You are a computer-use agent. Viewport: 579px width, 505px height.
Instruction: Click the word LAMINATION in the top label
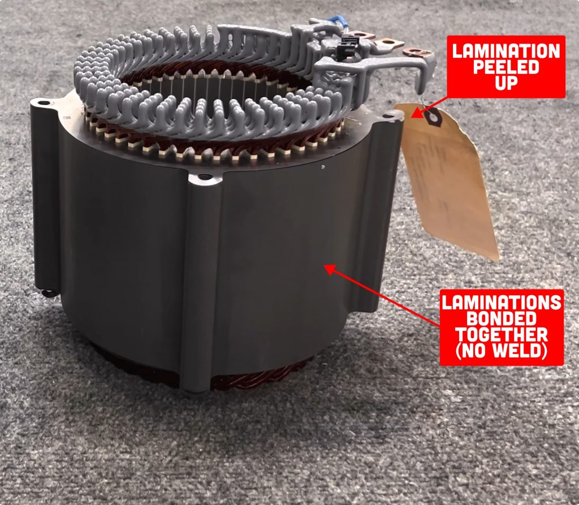tap(506, 51)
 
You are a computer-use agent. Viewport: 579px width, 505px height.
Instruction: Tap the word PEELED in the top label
tap(505, 68)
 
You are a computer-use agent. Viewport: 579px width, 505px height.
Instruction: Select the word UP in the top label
tap(506, 85)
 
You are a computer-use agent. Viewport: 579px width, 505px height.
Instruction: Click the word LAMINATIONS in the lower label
tap(502, 302)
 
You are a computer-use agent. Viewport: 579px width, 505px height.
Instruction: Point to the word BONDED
tap(502, 318)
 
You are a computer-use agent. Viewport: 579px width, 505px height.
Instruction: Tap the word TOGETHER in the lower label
tap(502, 334)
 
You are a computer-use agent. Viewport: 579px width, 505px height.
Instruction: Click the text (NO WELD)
tap(502, 351)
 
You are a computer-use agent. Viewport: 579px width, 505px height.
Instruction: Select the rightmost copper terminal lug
tap(418, 53)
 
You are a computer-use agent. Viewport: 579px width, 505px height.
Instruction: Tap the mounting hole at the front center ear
tap(204, 177)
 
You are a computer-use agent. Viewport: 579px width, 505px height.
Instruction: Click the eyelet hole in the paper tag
tap(434, 117)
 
